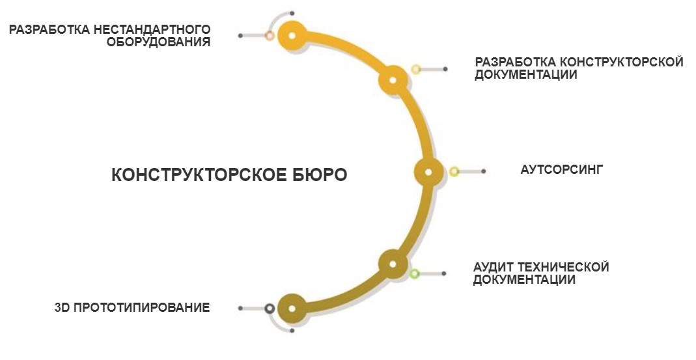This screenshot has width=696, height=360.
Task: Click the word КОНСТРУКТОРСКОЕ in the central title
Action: (x=195, y=176)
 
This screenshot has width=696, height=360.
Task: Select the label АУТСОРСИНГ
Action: (x=563, y=170)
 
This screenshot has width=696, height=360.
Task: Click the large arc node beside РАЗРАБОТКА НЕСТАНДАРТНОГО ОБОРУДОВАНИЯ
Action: (x=292, y=36)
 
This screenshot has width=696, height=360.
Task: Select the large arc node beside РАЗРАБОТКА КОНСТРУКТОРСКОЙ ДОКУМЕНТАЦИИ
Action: (x=393, y=80)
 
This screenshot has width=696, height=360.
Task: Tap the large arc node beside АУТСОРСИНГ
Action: (x=428, y=172)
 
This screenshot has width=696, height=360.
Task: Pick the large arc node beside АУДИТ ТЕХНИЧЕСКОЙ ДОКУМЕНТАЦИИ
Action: (x=393, y=264)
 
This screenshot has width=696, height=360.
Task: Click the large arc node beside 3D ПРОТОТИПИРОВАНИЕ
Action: (x=292, y=309)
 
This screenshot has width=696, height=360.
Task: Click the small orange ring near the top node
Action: (x=270, y=35)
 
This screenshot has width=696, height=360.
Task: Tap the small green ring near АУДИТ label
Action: (x=415, y=273)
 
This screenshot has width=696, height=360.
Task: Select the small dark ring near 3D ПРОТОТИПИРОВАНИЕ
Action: (x=270, y=308)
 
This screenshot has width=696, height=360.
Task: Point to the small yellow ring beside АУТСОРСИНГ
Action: (x=454, y=172)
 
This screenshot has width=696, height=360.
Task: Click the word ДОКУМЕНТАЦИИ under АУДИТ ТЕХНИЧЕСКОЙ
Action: (x=524, y=281)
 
